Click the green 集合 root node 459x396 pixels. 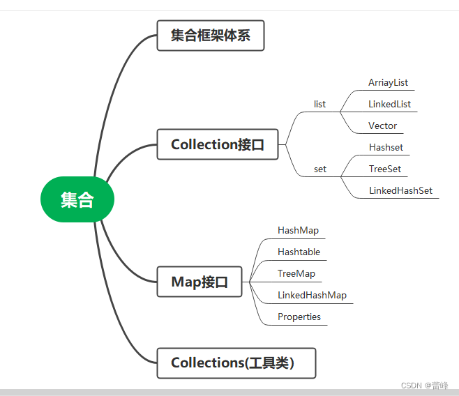[x=77, y=200]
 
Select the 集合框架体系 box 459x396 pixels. [x=211, y=36]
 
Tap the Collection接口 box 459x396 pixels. [x=218, y=144]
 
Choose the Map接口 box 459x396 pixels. [x=200, y=282]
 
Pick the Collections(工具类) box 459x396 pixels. [x=236, y=363]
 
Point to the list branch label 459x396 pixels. [x=319, y=105]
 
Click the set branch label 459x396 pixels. [x=319, y=169]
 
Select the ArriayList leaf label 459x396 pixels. [x=388, y=82]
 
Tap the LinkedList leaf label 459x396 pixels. [x=389, y=104]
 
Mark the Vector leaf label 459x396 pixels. [x=382, y=125]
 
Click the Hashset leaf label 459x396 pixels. [x=386, y=148]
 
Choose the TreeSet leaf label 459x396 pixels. [x=384, y=169]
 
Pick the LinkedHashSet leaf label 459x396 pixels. [x=400, y=190]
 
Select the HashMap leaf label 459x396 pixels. [x=298, y=230]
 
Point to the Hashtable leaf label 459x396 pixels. [x=299, y=252]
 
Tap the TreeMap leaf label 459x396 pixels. [x=296, y=273]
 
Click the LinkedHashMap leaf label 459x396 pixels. [x=312, y=295]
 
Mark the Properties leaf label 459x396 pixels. [x=299, y=317]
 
